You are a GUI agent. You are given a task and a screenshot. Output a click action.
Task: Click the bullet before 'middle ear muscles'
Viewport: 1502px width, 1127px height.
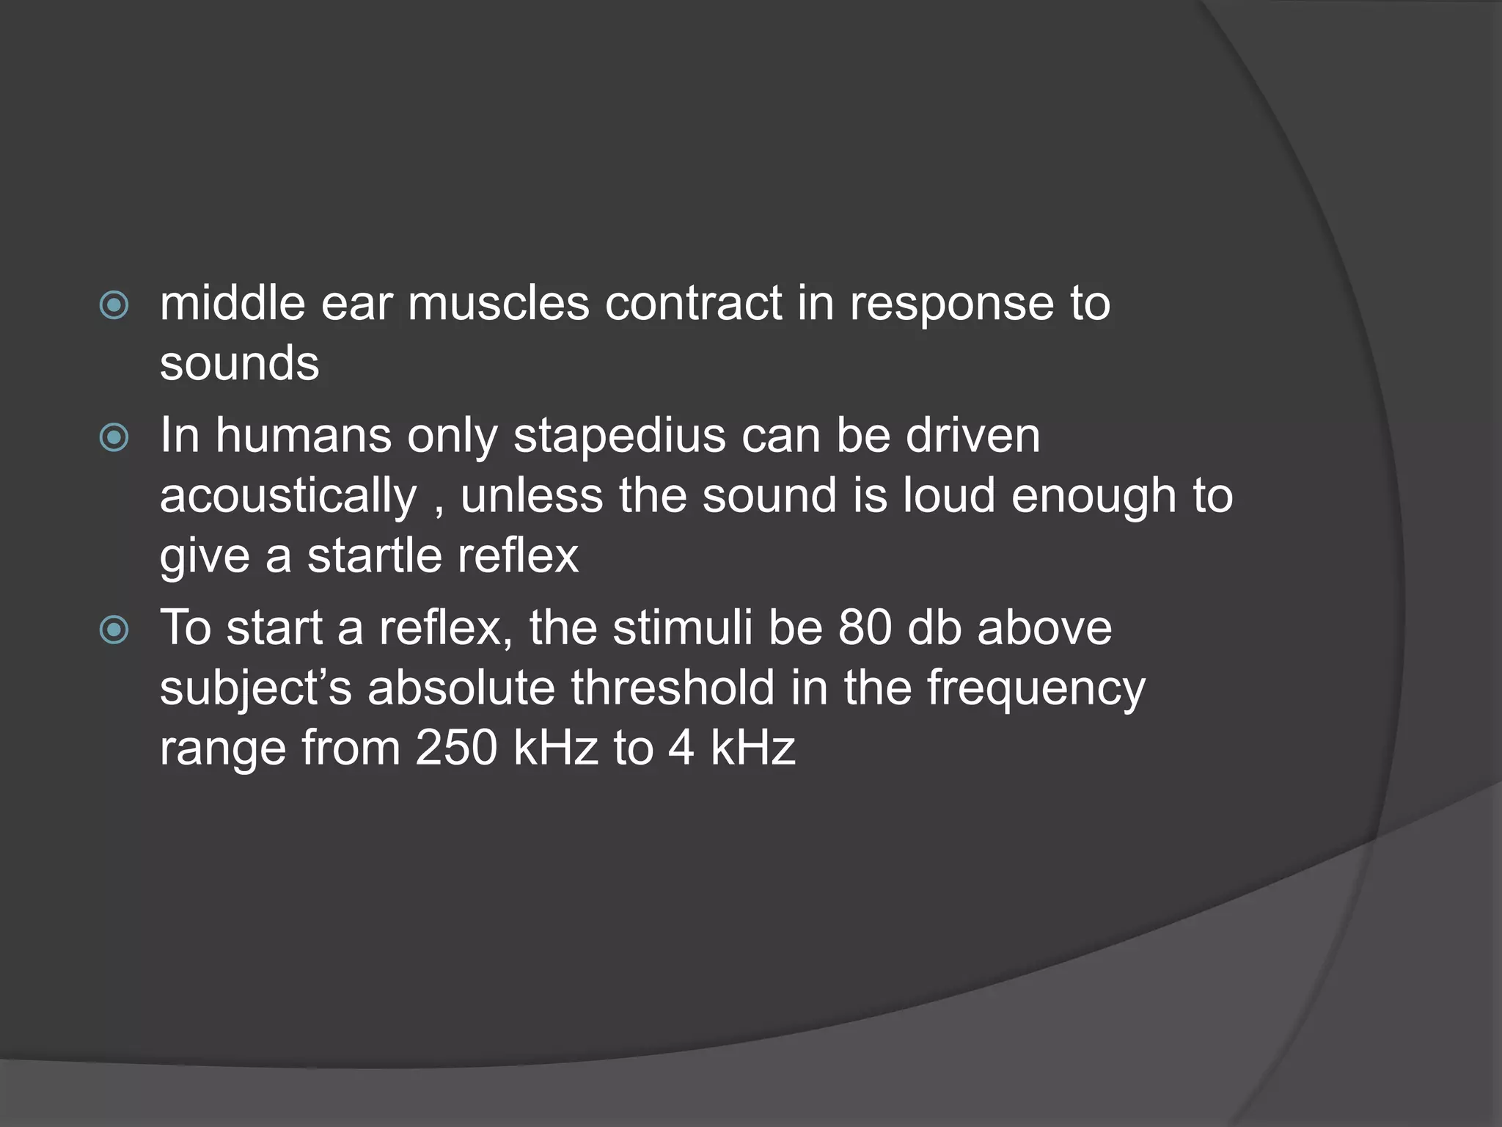[x=114, y=305]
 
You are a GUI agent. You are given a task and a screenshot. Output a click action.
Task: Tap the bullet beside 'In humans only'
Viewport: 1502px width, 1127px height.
[x=114, y=438]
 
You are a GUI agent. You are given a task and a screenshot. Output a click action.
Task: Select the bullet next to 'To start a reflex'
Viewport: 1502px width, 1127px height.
[x=114, y=630]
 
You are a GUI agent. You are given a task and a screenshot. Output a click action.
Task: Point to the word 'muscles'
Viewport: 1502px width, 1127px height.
[x=499, y=304]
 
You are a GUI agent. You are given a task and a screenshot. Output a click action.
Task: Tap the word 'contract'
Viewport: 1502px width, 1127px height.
[x=693, y=304]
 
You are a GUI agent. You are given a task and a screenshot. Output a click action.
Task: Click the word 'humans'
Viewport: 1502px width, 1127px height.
[x=304, y=436]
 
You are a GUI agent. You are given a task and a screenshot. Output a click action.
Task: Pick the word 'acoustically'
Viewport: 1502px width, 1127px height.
[x=288, y=497]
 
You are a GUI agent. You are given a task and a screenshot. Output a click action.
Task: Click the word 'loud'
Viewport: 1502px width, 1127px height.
[x=949, y=496]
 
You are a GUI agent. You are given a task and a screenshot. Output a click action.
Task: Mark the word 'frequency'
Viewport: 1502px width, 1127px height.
[x=1036, y=690]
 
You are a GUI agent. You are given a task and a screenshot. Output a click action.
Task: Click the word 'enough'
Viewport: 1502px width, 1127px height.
[x=1093, y=497]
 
